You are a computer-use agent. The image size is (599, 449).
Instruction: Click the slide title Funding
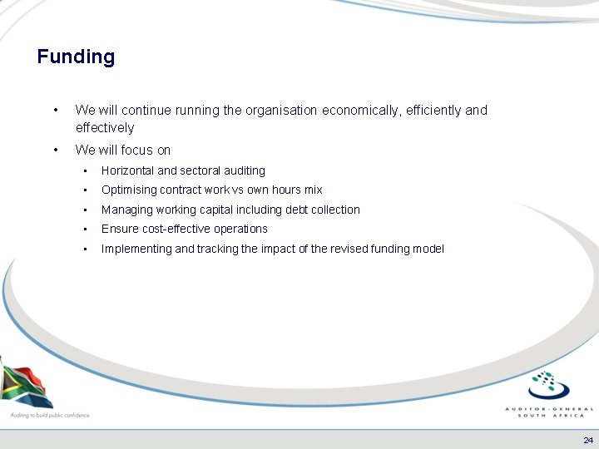pos(76,57)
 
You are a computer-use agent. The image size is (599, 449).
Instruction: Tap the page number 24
pos(588,441)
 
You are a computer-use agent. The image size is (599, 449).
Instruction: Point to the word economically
pos(360,110)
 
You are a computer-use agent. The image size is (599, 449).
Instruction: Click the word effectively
pos(104,128)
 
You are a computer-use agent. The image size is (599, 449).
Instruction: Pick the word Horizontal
pos(128,170)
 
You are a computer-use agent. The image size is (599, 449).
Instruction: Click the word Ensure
pos(120,229)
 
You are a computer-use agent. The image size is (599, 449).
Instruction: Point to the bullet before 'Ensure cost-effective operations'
pos(84,229)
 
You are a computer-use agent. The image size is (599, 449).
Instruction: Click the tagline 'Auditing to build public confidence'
pos(49,415)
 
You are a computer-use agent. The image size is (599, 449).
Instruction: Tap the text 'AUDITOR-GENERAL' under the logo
pos(550,409)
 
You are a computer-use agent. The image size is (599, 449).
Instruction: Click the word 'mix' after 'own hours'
pos(313,190)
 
